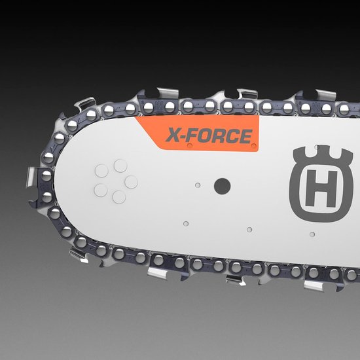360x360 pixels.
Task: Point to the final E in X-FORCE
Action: pos(245,136)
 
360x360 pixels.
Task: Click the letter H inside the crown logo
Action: pos(321,189)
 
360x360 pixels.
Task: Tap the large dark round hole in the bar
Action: pos(223,186)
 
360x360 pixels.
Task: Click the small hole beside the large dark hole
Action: pos(198,185)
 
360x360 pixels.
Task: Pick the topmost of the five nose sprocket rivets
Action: pos(120,166)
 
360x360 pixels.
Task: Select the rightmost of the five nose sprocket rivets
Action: pos(132,182)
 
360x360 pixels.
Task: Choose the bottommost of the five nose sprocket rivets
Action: pos(119,197)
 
